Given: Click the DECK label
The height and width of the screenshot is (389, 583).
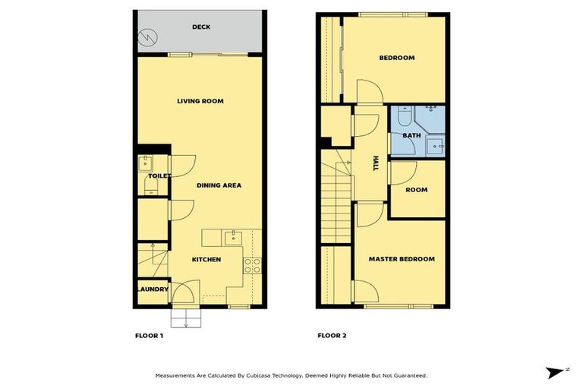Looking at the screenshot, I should [201, 27].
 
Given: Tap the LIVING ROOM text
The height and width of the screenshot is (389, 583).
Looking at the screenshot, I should [200, 101].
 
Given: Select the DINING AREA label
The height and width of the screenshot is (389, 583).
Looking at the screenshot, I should [219, 185].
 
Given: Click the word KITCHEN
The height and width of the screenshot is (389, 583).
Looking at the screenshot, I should [206, 260].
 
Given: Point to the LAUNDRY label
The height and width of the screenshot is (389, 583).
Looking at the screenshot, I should [152, 289].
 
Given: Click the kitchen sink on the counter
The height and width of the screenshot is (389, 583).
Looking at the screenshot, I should [233, 238].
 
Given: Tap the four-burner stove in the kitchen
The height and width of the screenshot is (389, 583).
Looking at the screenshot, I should [252, 265].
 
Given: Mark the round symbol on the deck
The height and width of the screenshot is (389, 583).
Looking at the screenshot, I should [147, 36].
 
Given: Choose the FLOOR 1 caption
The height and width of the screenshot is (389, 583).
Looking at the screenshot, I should [149, 335].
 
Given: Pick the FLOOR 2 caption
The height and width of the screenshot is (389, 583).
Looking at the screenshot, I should [332, 335].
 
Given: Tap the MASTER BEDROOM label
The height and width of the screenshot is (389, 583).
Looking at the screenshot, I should [402, 259].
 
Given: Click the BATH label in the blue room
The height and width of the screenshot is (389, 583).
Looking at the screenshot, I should [411, 136].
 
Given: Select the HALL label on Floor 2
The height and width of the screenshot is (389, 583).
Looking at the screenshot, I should [375, 163].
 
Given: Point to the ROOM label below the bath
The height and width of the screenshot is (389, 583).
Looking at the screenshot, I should [416, 190].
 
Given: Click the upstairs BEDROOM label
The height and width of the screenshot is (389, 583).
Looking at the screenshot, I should [396, 59].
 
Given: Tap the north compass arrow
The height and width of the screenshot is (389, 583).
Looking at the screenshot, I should [557, 372].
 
